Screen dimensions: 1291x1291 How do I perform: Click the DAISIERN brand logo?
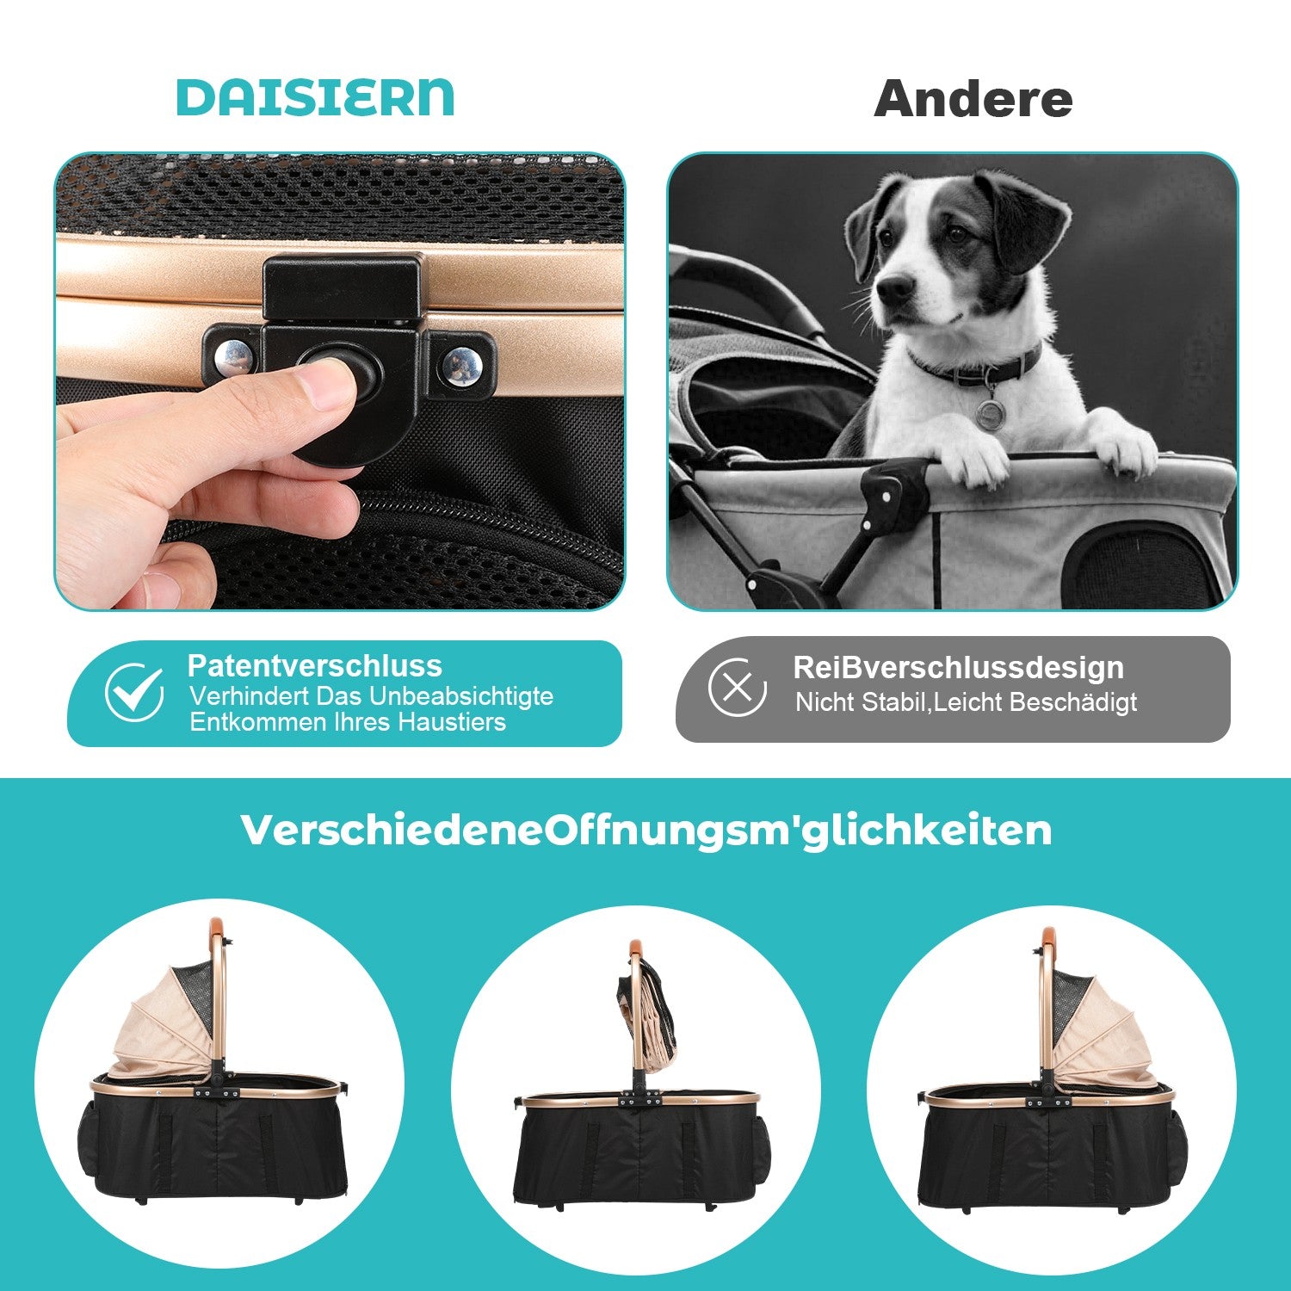tap(315, 97)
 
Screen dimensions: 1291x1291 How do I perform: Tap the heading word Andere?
tap(973, 99)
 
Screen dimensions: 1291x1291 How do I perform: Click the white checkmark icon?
tap(134, 692)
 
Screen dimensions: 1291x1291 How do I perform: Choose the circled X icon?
tap(738, 687)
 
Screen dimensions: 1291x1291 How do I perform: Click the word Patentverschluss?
tap(315, 665)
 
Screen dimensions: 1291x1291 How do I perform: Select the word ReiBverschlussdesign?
tap(958, 667)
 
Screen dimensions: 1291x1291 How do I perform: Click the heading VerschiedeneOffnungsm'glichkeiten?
tap(646, 831)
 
